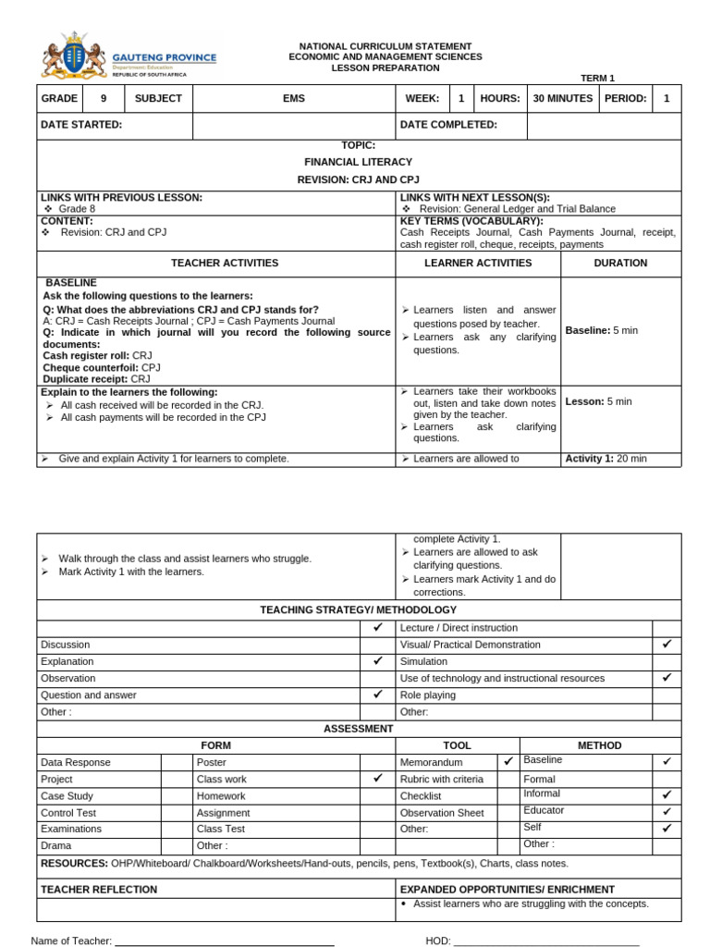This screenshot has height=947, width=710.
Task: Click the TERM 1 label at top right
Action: (597, 79)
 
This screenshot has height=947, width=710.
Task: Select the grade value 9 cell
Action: (104, 98)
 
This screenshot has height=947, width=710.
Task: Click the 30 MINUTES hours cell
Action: (562, 98)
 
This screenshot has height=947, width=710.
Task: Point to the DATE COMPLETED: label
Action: (448, 125)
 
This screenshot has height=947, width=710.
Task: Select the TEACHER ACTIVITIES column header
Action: (217, 263)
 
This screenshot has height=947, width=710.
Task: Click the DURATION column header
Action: (619, 263)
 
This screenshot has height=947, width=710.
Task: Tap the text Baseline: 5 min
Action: (601, 330)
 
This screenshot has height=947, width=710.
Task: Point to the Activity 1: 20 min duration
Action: (606, 459)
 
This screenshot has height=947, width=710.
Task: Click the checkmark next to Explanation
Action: (377, 661)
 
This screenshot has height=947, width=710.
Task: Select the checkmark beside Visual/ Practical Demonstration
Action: (666, 644)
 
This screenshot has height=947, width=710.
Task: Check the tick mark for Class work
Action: (377, 779)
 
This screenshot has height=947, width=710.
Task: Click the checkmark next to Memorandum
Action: (508, 762)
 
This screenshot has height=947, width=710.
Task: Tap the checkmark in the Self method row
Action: (666, 828)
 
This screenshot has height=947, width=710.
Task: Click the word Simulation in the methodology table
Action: (423, 661)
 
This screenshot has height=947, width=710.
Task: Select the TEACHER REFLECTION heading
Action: (99, 890)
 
